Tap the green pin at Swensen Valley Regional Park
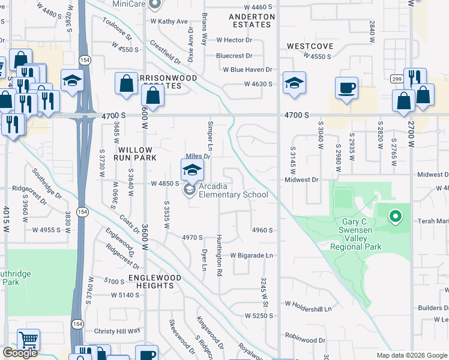click(x=395, y=216)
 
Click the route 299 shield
click(x=396, y=79)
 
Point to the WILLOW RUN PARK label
click(x=137, y=154)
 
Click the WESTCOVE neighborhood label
click(x=310, y=46)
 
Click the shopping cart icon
click(x=28, y=340)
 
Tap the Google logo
click(x=20, y=353)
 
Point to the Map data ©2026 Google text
click(x=412, y=355)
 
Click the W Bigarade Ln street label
click(x=252, y=255)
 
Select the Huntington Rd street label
click(x=220, y=255)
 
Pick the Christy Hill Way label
click(x=117, y=331)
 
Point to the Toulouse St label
click(x=117, y=31)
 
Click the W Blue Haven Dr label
click(x=248, y=70)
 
